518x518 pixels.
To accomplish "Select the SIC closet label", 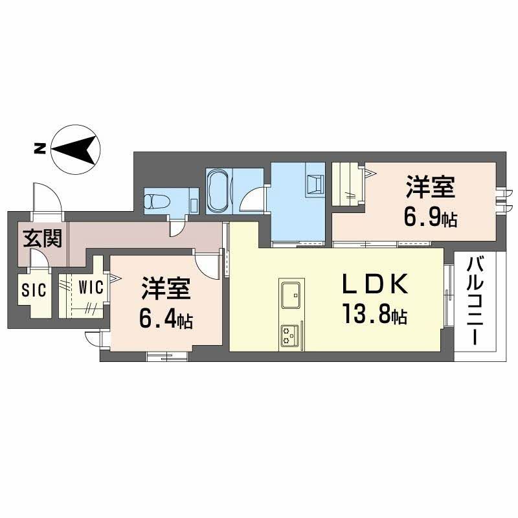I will pyautogui.click(x=34, y=289).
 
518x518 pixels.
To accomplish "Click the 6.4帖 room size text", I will pyautogui.click(x=164, y=319).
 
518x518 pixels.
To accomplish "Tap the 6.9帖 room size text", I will pyautogui.click(x=430, y=218).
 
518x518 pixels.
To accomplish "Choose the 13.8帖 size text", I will pyautogui.click(x=375, y=315).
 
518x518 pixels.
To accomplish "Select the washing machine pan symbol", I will pyautogui.click(x=315, y=186).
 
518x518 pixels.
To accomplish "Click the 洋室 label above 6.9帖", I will pyautogui.click(x=430, y=188).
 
